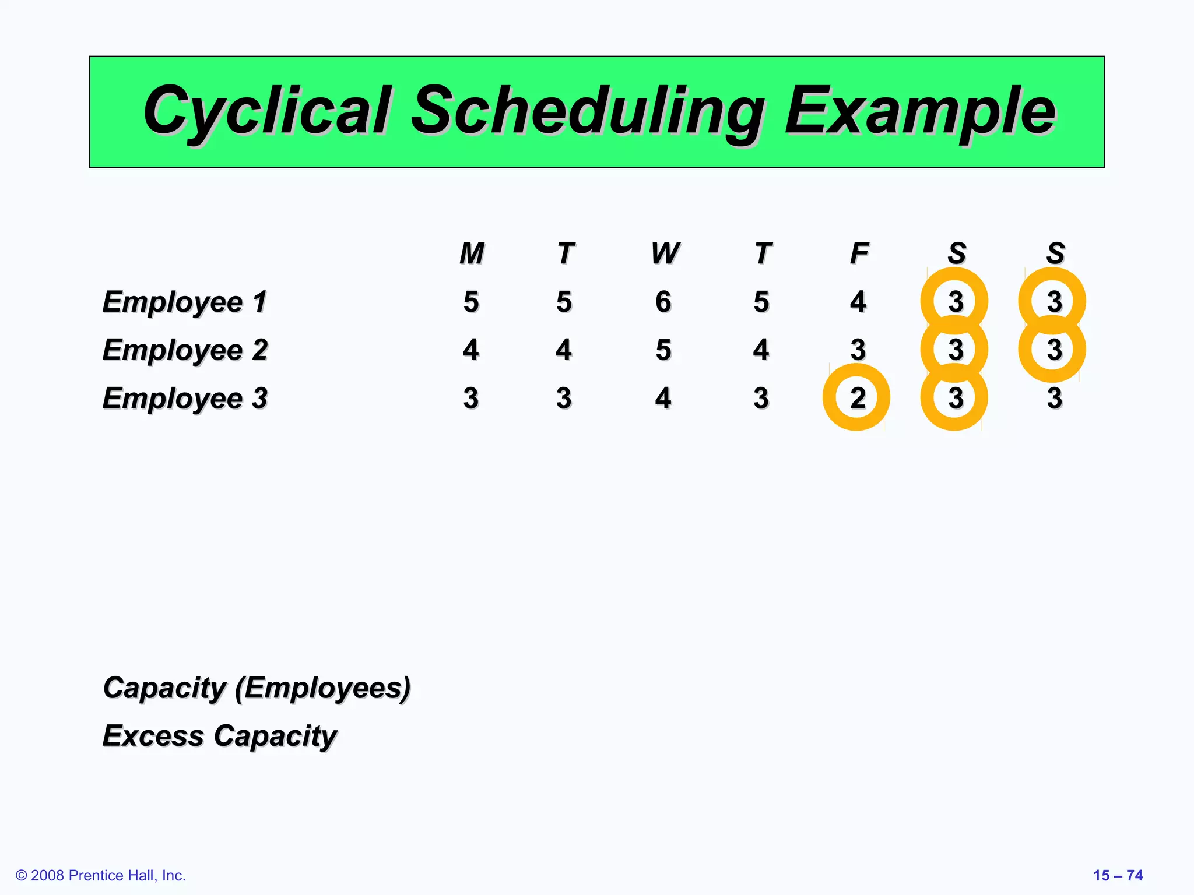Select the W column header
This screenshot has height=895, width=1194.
pos(665,253)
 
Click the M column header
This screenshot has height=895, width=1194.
pos(472,253)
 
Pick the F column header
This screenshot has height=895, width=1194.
pos(859,253)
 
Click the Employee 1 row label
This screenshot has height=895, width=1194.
pos(184,302)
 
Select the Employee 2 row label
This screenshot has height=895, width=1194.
pos(184,350)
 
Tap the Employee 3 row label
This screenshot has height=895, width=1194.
pos(184,399)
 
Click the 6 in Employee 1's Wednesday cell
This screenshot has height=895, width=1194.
pos(663,302)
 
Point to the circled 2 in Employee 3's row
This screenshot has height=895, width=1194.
pos(857,398)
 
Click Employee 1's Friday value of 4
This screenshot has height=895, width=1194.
pos(858,302)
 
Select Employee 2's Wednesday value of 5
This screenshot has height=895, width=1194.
pos(663,350)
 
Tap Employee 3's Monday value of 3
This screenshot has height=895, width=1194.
pos(471,399)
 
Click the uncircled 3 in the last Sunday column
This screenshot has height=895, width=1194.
pos(1054,399)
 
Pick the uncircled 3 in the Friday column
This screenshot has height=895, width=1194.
pos(858,350)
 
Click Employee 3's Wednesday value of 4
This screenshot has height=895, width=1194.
pos(663,399)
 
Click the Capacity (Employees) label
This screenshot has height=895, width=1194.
pos(257,688)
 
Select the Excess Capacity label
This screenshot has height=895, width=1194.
pos(219,736)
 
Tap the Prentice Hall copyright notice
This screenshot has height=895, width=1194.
pos(101,875)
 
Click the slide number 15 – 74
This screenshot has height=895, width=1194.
pos(1118,875)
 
